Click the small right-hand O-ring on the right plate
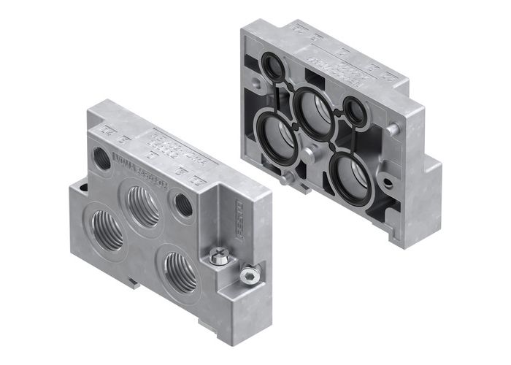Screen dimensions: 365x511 pos(356,112)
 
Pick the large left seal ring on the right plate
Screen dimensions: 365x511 pos(273,137)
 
